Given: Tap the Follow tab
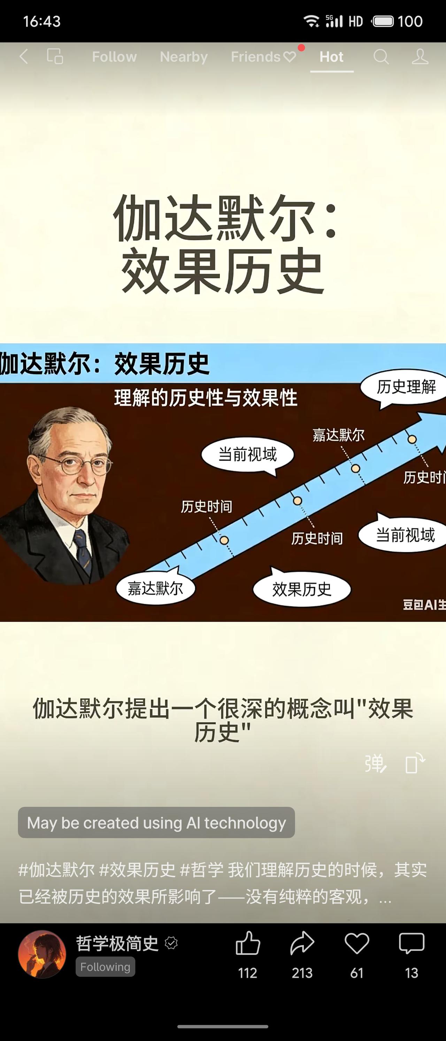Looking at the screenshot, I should [114, 57].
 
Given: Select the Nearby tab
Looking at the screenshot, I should [184, 57].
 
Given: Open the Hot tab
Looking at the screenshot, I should [332, 57].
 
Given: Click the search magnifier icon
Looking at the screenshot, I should [380, 57].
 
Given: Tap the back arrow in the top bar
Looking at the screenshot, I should [24, 56].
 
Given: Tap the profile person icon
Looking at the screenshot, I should [420, 57].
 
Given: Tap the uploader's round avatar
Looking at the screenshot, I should [42, 954].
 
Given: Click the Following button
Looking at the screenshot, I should [105, 967].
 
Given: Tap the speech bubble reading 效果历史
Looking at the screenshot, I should [302, 589].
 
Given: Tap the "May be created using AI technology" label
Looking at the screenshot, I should [156, 822].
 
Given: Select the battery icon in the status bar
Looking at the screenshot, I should [383, 21].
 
